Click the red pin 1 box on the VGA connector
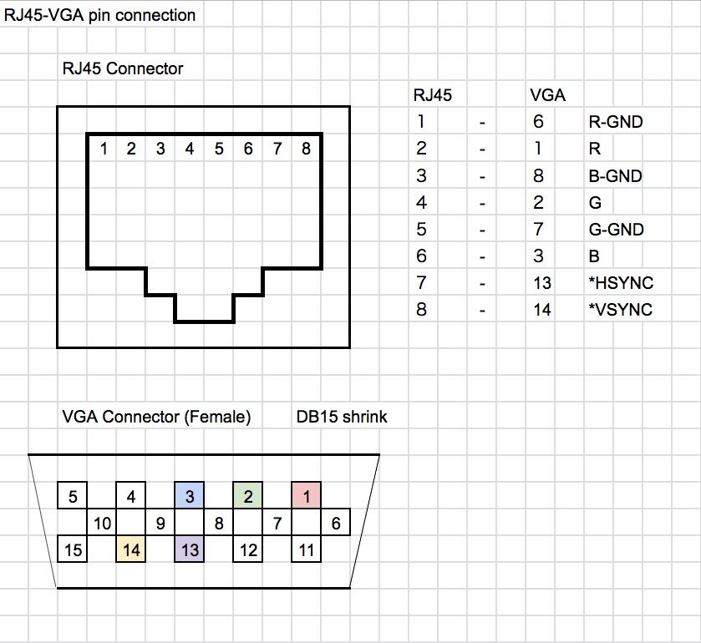[307, 496]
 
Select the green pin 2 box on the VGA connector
[248, 496]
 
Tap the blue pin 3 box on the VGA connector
[190, 496]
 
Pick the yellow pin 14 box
[131, 550]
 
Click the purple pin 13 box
[190, 550]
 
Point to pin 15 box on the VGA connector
[73, 550]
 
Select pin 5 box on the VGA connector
[73, 496]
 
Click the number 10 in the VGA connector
[103, 524]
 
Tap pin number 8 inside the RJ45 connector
[306, 149]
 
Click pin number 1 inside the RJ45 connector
[103, 149]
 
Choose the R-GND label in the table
[616, 122]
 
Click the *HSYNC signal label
[620, 283]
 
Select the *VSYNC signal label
[620, 310]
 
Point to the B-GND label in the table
[616, 176]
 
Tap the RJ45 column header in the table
[433, 95]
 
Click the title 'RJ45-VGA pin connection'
[100, 15]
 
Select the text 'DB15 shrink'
[342, 416]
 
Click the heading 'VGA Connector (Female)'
[156, 416]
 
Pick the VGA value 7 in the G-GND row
[538, 230]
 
